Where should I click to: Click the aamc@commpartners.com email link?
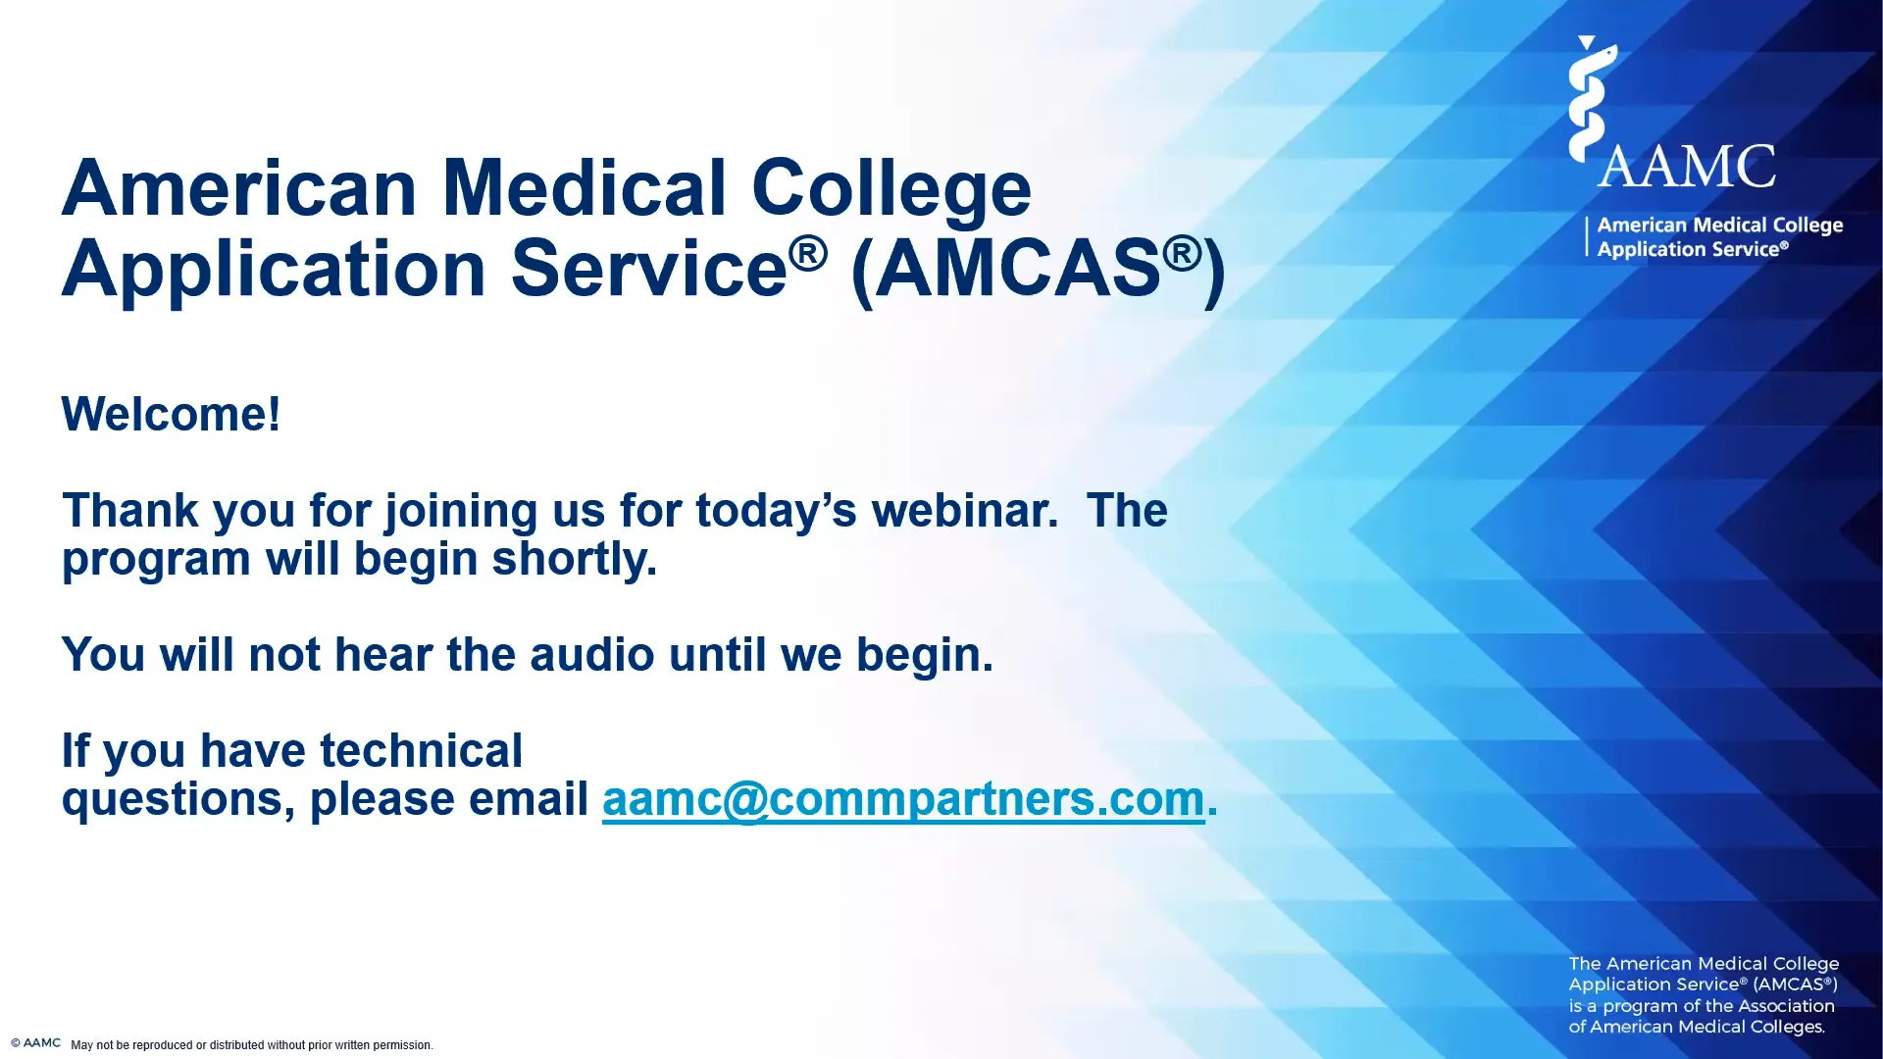point(903,798)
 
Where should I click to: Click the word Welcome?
point(172,414)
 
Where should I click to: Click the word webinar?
point(965,510)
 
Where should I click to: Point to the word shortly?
point(575,559)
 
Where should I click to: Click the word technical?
point(422,750)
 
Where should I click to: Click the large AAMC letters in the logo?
point(1687,167)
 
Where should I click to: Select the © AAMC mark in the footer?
point(36,1043)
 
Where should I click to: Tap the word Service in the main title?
point(649,268)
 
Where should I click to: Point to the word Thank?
point(130,510)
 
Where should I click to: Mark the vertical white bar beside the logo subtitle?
point(1587,236)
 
